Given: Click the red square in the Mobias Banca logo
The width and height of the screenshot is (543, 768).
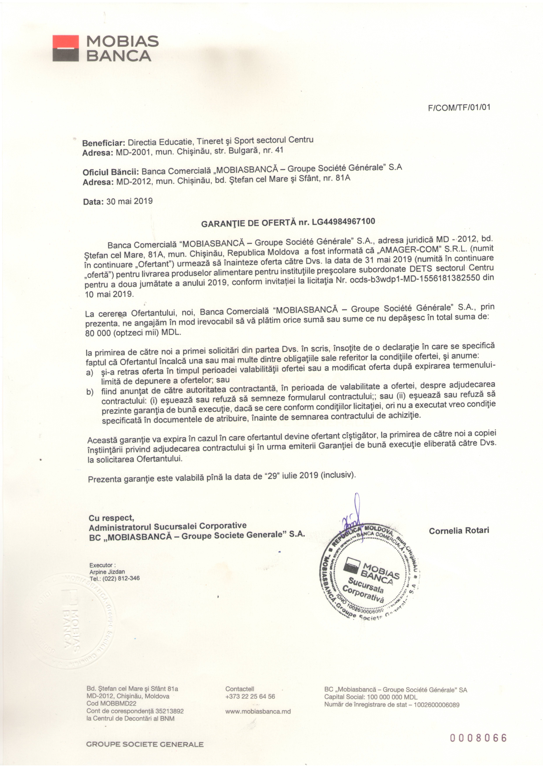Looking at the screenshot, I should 66,42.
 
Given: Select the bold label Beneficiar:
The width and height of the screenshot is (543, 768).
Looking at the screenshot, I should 104,143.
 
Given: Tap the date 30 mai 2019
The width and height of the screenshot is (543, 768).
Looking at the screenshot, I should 129,201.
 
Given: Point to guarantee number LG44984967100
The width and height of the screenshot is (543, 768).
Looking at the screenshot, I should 343,221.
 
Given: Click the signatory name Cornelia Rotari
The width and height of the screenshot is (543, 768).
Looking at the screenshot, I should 459,530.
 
